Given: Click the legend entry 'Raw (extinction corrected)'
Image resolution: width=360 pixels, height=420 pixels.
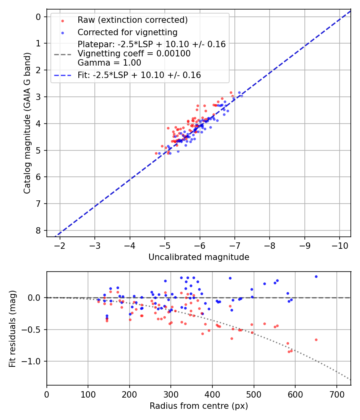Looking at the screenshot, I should pos(132,20).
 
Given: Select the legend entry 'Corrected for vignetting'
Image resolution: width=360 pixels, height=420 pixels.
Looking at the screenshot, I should pos(127,32).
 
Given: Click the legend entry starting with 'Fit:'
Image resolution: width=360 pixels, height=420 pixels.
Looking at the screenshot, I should pos(139,75).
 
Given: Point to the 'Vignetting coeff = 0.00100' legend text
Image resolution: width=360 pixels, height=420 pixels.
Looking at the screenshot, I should pos(134,54).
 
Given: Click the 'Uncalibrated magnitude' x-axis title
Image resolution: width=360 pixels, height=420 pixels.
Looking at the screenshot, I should pos(199,257).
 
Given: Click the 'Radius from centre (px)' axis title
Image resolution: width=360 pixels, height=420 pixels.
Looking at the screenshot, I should pos(199,406).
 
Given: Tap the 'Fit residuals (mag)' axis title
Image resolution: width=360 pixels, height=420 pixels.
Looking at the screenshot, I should pos(12,328).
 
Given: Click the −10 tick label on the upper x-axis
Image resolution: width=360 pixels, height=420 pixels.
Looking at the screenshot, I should pos(340,245).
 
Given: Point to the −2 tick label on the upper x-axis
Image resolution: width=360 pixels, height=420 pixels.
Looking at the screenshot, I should pos(60,245).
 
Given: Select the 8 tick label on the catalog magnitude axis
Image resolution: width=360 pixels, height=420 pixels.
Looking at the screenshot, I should pos(38,230).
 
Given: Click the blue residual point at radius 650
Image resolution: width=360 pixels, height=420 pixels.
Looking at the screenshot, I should pos(316,276).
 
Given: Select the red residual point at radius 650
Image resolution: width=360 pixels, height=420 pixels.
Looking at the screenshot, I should pos(316,340).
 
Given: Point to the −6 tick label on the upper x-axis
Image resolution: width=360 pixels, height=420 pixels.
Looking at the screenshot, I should pos(200,245).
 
